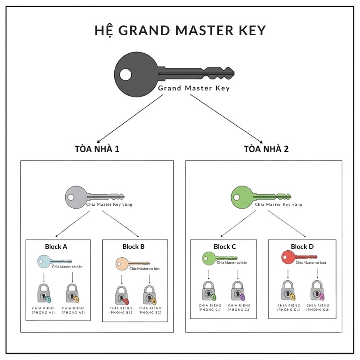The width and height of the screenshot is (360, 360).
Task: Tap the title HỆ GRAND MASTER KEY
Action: point(180,31)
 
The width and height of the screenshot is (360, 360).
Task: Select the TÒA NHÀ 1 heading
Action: point(97,150)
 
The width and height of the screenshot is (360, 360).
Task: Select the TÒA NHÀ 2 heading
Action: point(266,150)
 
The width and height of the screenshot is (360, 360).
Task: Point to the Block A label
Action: point(56,247)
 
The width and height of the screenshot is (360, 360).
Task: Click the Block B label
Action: point(133,247)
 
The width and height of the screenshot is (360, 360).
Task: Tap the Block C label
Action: point(225,247)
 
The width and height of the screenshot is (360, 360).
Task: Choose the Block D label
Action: point(302,247)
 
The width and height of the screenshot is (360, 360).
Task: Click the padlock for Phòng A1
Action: point(44,293)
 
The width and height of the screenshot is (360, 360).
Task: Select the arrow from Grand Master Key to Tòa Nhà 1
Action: point(129,117)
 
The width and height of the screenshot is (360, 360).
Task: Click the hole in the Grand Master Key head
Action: point(125,75)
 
